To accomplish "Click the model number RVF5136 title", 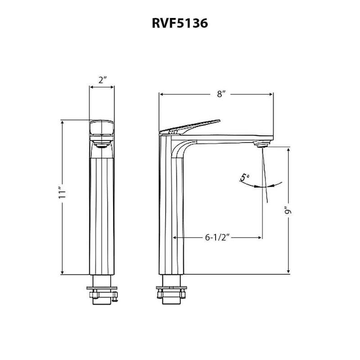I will [x=180, y=23].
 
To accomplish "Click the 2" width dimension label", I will [x=102, y=81].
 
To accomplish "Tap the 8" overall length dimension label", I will [x=220, y=94].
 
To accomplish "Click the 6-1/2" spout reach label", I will [x=218, y=238].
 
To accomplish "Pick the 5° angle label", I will [x=244, y=177].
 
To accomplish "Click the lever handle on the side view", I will [x=191, y=127].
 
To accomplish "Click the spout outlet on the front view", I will [x=103, y=145].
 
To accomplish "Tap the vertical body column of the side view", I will [x=171, y=211].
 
